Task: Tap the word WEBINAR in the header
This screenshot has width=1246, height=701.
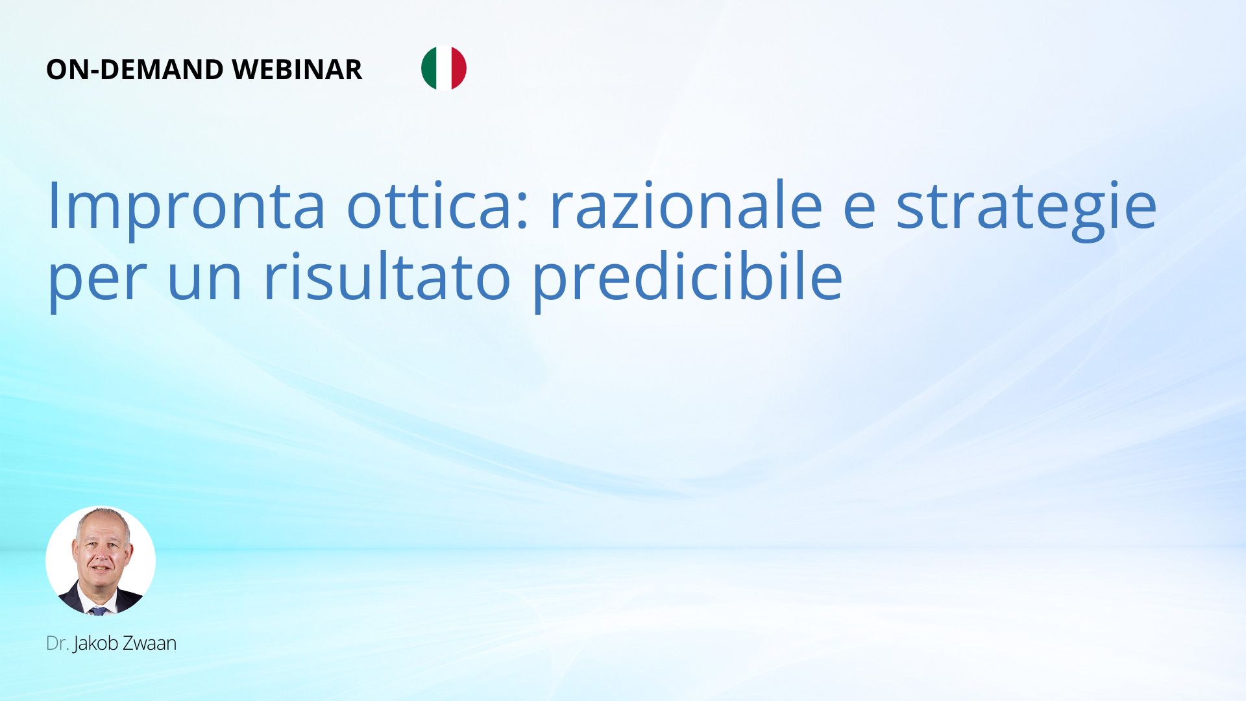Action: point(297,69)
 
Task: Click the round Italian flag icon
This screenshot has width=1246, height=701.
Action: point(444,68)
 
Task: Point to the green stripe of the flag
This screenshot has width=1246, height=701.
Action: point(428,68)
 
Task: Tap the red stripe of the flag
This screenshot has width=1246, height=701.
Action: point(459,68)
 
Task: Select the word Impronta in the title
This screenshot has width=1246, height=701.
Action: point(186,207)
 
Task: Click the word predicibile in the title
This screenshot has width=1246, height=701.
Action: point(687,280)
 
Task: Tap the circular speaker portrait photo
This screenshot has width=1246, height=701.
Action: point(101,561)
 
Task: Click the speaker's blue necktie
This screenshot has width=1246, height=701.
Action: point(99,611)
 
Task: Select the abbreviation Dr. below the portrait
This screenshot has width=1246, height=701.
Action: point(58,643)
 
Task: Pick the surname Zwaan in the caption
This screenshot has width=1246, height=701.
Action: point(150,643)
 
